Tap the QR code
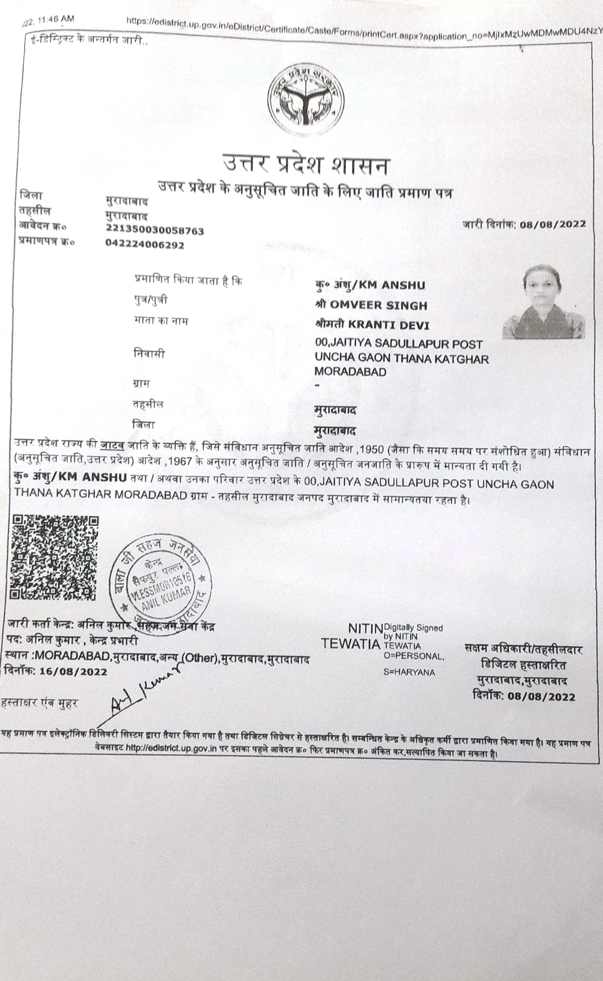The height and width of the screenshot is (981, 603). pyautogui.click(x=55, y=558)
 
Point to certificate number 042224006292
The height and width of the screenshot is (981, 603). pyautogui.click(x=145, y=245)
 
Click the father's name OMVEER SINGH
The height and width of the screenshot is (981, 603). pyautogui.click(x=378, y=305)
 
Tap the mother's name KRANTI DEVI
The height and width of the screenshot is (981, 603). pyautogui.click(x=388, y=325)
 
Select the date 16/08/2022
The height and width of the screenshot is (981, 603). pyautogui.click(x=73, y=672)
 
